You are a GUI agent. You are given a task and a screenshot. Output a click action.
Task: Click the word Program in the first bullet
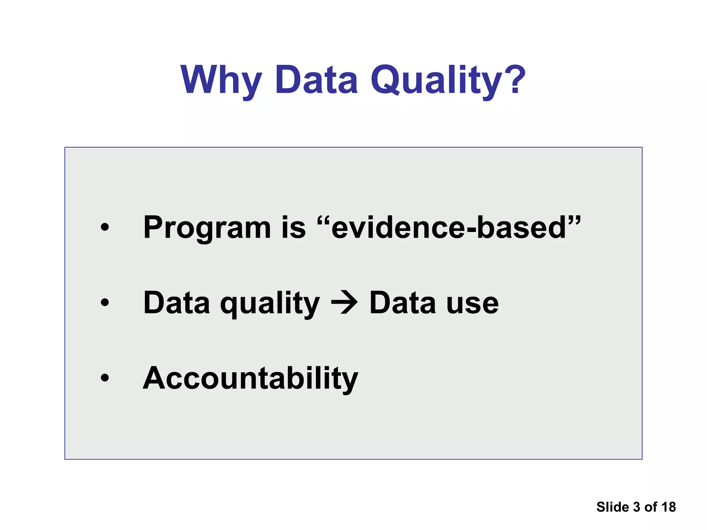207,228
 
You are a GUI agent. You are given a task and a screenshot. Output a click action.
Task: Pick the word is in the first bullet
293,228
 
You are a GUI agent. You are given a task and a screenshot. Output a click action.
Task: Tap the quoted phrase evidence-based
449,228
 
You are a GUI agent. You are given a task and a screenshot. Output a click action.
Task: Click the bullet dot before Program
105,227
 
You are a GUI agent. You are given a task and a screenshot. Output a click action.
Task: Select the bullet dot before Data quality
105,303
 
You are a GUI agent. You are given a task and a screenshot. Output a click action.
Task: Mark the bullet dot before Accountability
105,378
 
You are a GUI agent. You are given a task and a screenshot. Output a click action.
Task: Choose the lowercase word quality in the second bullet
270,304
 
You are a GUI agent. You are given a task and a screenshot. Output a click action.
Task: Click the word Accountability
251,379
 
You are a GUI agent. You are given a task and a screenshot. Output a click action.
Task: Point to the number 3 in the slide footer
637,507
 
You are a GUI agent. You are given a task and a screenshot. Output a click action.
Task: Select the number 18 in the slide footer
668,507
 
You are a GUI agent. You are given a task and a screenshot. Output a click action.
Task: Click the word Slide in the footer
612,507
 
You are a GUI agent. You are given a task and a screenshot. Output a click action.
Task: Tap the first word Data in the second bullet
176,303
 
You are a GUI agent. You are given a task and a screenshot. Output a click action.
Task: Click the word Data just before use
403,303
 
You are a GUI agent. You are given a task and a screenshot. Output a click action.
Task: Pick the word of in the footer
650,507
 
